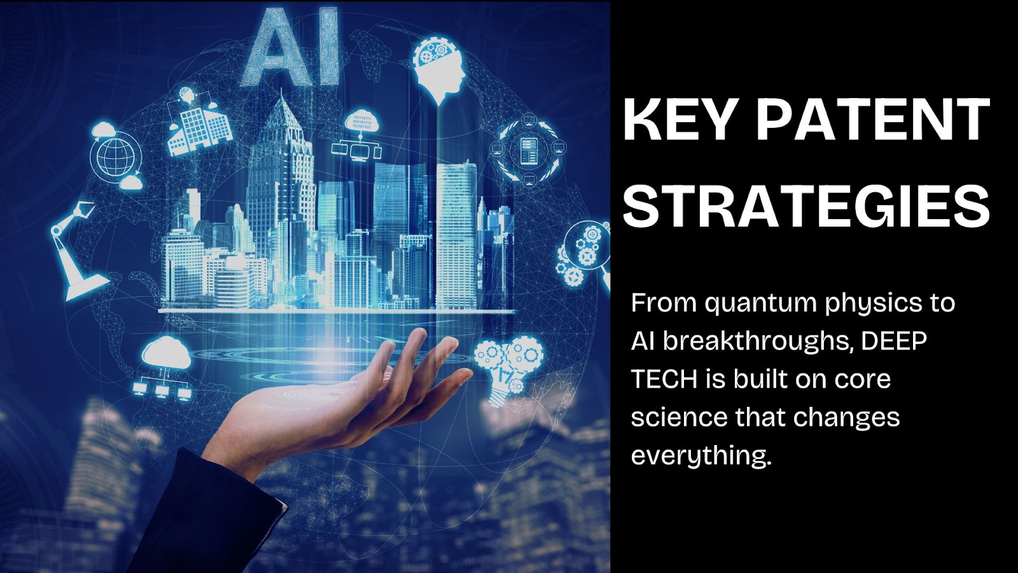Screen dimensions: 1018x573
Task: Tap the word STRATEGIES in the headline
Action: click(806, 206)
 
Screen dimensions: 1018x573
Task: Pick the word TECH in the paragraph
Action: click(664, 379)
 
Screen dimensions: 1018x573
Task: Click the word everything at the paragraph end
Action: click(701, 456)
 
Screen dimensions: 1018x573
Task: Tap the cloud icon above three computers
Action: click(164, 369)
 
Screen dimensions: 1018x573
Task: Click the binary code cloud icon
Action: click(358, 134)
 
